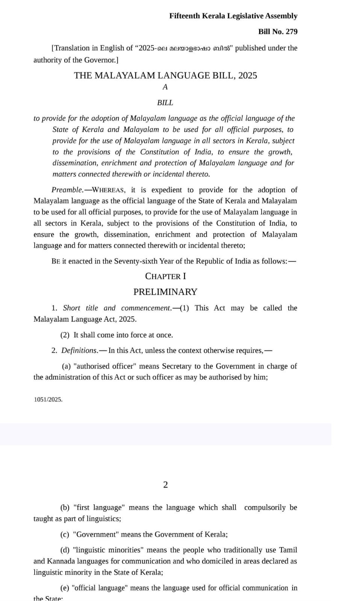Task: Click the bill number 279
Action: (x=291, y=32)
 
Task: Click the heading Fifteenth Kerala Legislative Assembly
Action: (x=233, y=16)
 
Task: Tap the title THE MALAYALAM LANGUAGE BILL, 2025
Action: (x=165, y=76)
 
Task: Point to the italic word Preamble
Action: (x=67, y=190)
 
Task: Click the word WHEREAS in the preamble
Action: (x=109, y=190)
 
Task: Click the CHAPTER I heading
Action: (x=165, y=276)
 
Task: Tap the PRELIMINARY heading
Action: (x=165, y=292)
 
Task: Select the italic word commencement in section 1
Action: (x=146, y=308)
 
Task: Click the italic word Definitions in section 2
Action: (x=79, y=350)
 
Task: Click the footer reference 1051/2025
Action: (x=48, y=400)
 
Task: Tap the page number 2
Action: (x=165, y=485)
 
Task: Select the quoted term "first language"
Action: (x=99, y=507)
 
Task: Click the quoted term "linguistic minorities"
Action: (x=108, y=550)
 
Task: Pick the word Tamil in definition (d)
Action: (x=288, y=550)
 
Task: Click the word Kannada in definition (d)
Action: (x=61, y=561)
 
